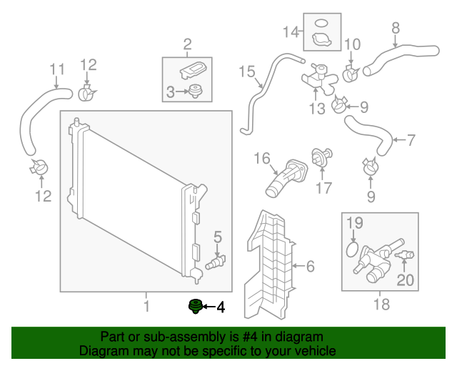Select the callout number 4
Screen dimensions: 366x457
[x=220, y=308]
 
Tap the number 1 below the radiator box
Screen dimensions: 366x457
[x=146, y=307]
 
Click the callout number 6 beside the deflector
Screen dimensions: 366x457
[x=309, y=267]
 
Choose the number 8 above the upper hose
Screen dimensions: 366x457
[x=395, y=29]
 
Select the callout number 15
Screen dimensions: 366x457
[x=246, y=71]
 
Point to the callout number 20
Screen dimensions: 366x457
[x=405, y=280]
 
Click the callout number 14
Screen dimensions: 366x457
[x=290, y=31]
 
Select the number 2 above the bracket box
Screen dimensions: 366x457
[x=188, y=45]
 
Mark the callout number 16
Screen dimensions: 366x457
[x=261, y=158]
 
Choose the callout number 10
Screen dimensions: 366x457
[x=352, y=45]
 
